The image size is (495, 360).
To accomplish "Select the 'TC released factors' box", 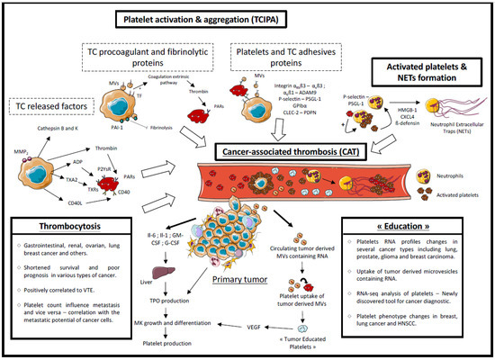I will pyautogui.click(x=59, y=106).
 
